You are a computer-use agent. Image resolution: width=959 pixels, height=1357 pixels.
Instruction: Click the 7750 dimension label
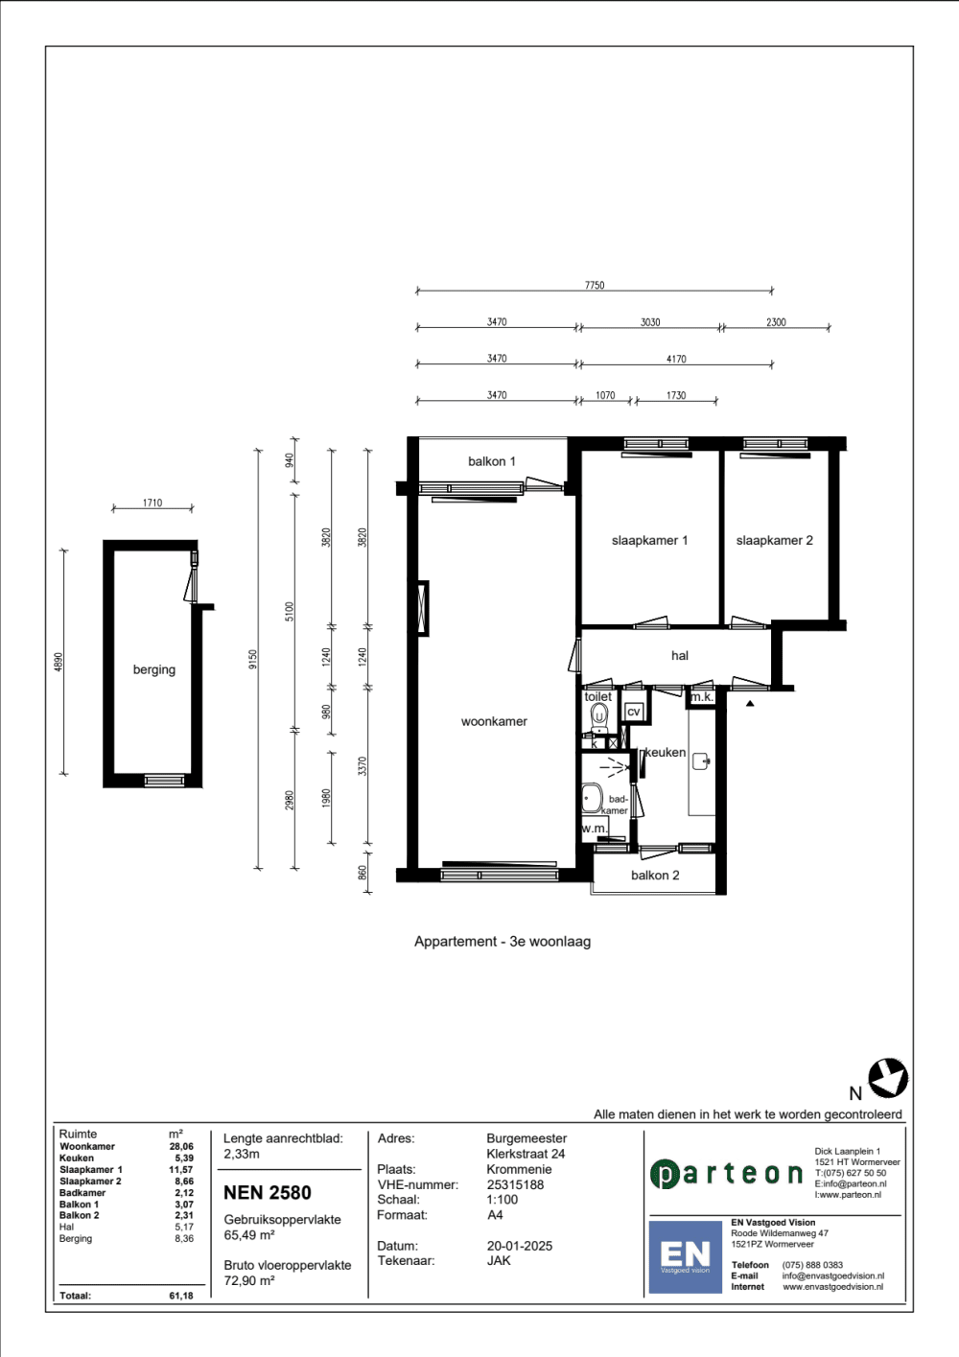595,285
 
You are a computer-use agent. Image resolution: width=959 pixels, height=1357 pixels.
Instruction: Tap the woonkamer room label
494,721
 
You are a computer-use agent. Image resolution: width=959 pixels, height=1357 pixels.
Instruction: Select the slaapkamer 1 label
649,540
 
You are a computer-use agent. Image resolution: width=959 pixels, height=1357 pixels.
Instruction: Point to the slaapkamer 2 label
774,540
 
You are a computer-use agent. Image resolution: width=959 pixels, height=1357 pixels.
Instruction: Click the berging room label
153,669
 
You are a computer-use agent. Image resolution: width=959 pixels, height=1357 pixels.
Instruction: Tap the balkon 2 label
655,875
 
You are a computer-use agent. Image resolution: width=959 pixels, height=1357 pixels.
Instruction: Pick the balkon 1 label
491,461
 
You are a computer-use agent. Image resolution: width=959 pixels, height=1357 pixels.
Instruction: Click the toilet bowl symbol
599,716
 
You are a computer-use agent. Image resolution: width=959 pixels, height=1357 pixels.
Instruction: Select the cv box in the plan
634,712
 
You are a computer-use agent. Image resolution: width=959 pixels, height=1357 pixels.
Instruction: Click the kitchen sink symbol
701,760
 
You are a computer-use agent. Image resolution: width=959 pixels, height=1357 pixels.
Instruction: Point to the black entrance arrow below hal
750,703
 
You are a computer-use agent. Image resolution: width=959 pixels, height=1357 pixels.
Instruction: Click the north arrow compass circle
888,1079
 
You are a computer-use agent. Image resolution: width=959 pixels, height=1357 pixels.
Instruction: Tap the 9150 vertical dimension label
253,659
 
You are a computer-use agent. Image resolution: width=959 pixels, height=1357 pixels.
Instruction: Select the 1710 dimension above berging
152,503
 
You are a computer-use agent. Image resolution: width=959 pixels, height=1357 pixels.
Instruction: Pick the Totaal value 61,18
181,1296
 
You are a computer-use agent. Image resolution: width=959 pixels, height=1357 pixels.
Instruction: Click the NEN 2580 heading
268,1192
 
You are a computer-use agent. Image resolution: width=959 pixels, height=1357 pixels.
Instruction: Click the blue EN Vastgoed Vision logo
685,1257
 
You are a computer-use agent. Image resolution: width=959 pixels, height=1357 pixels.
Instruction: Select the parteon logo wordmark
726,1175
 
